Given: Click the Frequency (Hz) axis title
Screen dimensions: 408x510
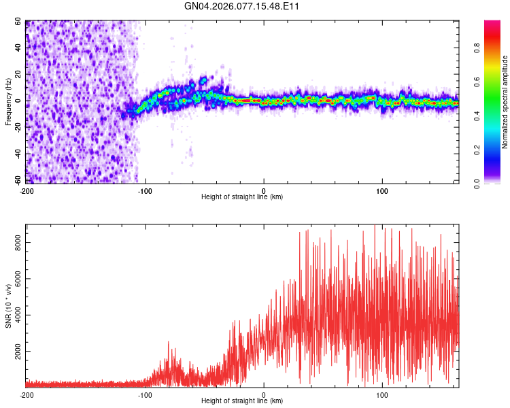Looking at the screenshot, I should click(8, 102).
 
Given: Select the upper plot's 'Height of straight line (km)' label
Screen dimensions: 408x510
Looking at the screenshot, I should click(242, 197).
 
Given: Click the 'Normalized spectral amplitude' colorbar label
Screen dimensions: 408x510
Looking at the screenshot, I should click(505, 102).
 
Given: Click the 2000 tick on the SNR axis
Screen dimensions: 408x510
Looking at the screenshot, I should click(15, 352).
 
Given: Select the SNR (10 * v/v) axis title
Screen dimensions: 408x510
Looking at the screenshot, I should click(8, 306).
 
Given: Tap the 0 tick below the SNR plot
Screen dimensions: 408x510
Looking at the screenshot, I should click(264, 395).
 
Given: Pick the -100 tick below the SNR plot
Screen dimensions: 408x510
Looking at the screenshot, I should click(145, 395).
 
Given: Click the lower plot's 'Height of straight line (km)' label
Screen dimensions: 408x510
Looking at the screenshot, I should click(242, 401).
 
